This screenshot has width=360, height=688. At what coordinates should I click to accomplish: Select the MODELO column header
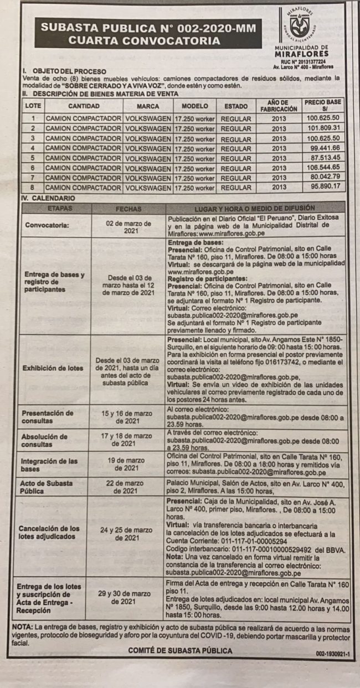pos(194,106)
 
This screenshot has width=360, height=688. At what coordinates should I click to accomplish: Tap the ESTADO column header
pos(236,106)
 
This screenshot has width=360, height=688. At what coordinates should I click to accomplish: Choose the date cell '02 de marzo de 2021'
pos(128,226)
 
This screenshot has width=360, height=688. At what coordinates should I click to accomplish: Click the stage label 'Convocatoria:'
pos(47,226)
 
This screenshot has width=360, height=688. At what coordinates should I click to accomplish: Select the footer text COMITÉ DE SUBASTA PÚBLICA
pos(180,651)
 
